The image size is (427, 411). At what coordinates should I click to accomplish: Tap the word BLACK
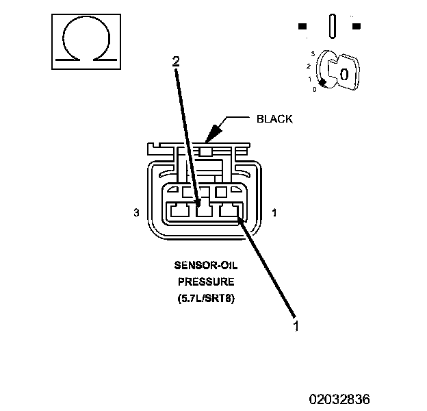pos(274,119)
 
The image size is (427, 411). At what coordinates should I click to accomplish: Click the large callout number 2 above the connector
pos(176,62)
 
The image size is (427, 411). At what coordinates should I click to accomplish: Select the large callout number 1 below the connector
pos(296,326)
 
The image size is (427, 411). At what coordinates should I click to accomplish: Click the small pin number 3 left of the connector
pos(136,212)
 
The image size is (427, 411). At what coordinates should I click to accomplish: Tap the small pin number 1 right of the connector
pos(274,212)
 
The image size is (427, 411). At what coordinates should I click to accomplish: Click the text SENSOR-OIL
pos(206,265)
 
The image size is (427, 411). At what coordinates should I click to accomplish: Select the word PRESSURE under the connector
pos(206,282)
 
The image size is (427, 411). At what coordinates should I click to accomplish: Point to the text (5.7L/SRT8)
pos(206,298)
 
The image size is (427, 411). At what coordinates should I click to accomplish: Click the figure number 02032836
pos(339,399)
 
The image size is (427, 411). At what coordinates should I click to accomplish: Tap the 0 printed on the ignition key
pos(344,75)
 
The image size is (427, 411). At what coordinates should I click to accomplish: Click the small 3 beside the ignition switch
pos(313,53)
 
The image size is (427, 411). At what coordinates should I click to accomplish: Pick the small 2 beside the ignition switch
pos(309,66)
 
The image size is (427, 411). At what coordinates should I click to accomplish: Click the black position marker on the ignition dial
pos(323,83)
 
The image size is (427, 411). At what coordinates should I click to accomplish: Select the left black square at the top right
pos(302,26)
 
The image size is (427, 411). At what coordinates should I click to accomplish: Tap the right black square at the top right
pos(357,26)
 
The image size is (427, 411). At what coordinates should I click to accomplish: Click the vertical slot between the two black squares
pos(333,26)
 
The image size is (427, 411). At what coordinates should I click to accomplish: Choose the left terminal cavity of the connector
pos(180,210)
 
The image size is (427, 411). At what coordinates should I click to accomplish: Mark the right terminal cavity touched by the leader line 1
pos(229,210)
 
